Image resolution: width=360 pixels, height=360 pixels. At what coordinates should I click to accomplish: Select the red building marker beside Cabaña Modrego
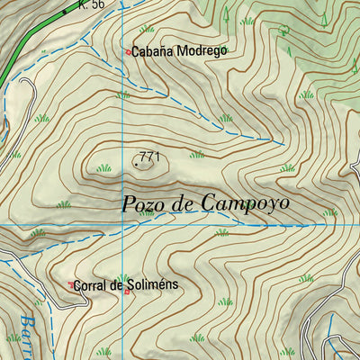coord(129,52)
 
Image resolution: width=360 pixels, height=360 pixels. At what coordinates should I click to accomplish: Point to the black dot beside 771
coord(136,164)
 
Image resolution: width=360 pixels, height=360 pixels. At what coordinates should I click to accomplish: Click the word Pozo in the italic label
coord(144,203)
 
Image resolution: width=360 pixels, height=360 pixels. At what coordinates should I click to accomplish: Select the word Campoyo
coord(245,204)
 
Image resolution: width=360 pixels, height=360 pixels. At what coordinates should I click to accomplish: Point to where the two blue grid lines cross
coord(122,223)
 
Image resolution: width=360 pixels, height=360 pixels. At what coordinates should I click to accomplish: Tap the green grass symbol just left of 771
coord(104,167)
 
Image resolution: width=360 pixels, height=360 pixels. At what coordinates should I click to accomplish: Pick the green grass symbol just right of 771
coord(197,155)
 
